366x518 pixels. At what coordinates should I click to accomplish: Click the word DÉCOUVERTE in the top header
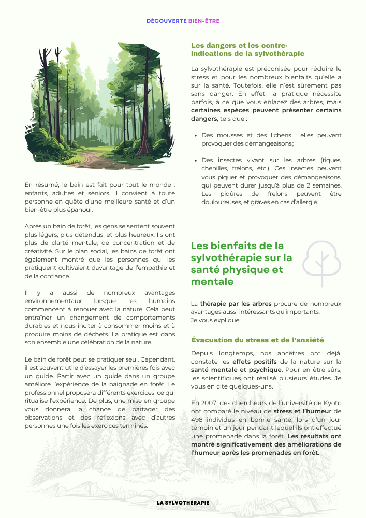pyautogui.click(x=166, y=21)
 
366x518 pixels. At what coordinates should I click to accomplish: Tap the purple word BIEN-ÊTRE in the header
pyautogui.click(x=204, y=21)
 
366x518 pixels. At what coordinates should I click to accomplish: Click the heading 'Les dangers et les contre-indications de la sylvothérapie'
pyautogui.click(x=247, y=49)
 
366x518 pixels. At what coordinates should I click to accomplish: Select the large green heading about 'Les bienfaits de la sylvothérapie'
pyautogui.click(x=241, y=263)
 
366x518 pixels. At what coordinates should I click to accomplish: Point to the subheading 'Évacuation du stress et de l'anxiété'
pyautogui.click(x=257, y=340)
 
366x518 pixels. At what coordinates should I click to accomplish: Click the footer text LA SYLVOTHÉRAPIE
pyautogui.click(x=183, y=503)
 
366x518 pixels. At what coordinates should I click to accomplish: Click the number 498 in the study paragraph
pyautogui.click(x=198, y=420)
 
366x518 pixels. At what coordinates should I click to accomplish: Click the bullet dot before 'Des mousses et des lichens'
pyautogui.click(x=195, y=136)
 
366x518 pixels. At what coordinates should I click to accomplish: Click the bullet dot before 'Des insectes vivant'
pyautogui.click(x=195, y=161)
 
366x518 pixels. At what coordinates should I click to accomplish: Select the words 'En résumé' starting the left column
pyautogui.click(x=39, y=185)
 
